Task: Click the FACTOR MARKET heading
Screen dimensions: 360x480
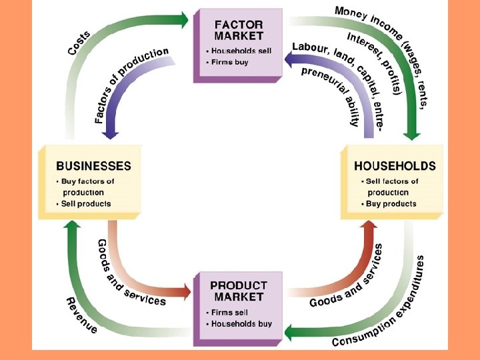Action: [x=239, y=29]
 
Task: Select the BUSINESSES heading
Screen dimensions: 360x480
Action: [x=93, y=166]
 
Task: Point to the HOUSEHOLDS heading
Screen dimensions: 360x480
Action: [x=395, y=166]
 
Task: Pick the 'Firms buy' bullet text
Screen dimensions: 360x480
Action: [x=230, y=62]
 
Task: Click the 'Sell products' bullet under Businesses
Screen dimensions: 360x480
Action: [x=85, y=203]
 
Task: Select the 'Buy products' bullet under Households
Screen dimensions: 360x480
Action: [x=391, y=203]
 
